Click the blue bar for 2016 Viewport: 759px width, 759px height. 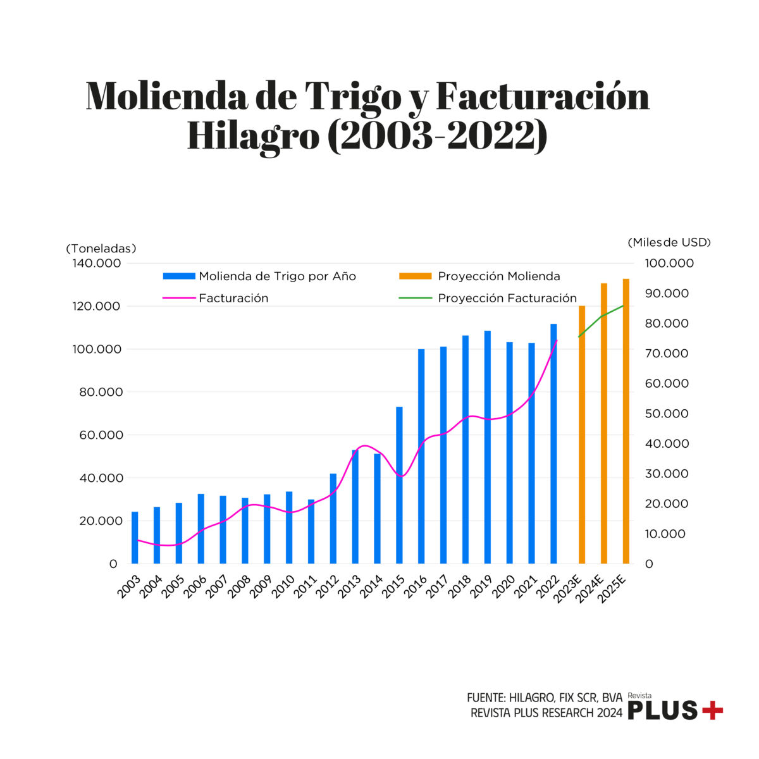[x=421, y=455]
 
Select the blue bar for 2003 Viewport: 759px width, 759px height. [x=135, y=538]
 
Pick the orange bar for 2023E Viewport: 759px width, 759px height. [x=582, y=436]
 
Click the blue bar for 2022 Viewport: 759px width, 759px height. [x=553, y=443]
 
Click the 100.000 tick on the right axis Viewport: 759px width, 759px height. [x=669, y=263]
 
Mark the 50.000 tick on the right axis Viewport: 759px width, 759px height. [x=667, y=414]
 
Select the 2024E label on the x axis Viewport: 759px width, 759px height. [x=595, y=589]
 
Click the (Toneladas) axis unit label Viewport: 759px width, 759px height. [x=101, y=249]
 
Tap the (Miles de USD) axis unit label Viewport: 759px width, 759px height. [x=669, y=242]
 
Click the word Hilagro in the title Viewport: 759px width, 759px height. [x=254, y=135]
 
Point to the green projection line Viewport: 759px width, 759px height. [x=601, y=316]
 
